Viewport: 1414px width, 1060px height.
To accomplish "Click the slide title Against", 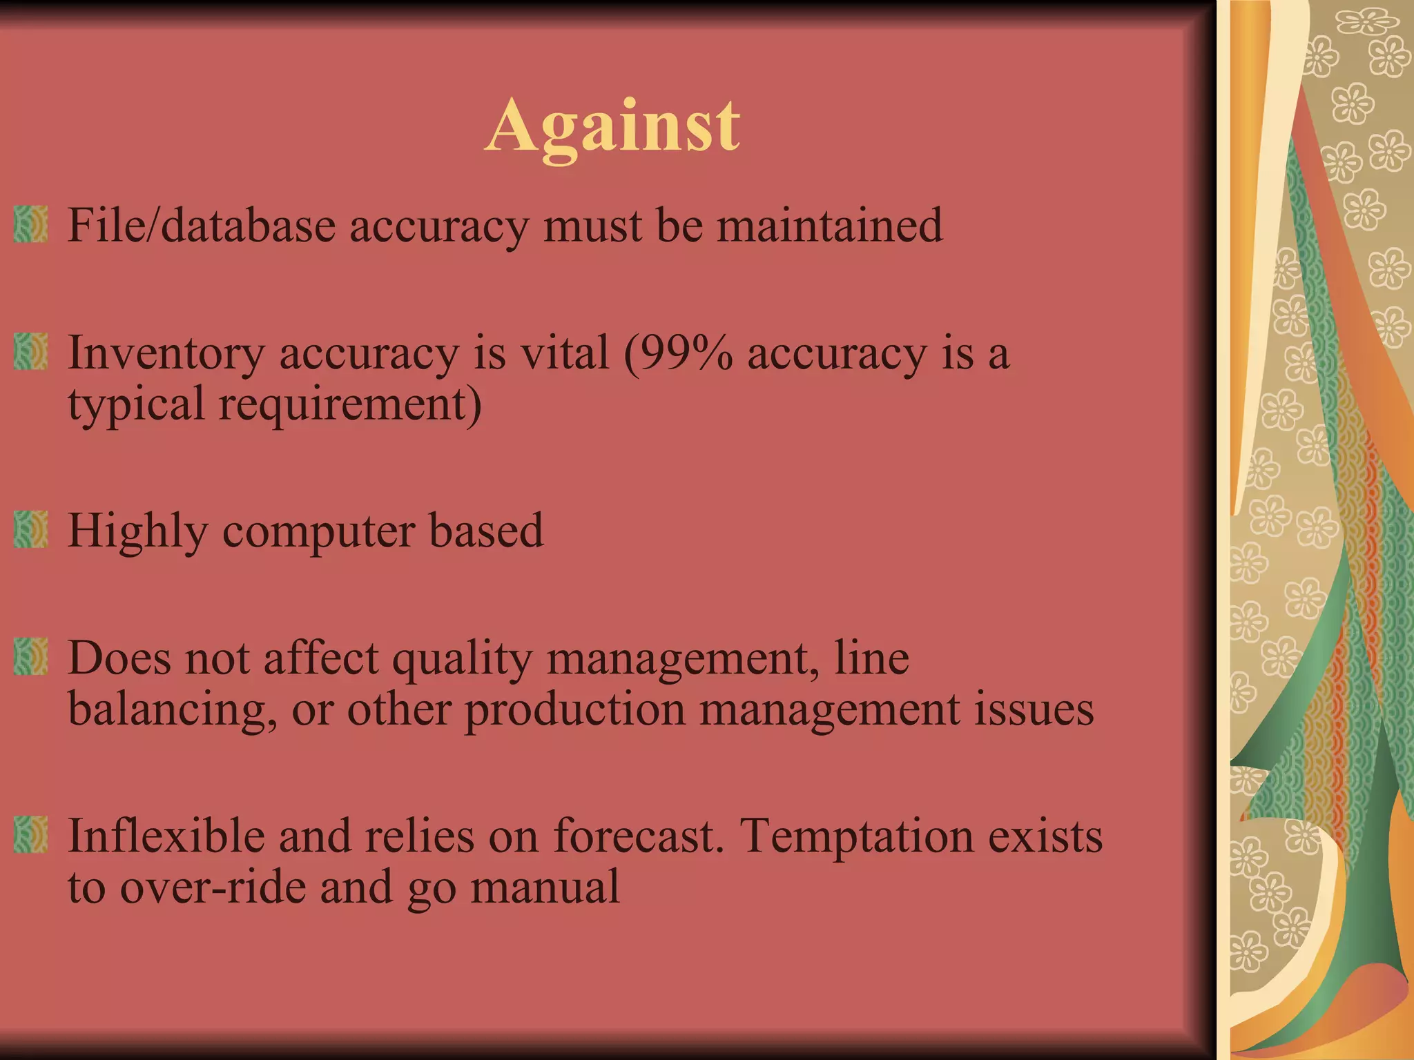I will pos(612,127).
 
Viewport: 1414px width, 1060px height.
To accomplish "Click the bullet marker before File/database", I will pos(30,224).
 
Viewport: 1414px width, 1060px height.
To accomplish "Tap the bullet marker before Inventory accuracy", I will pos(30,351).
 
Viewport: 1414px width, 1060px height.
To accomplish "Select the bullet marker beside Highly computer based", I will pos(30,529).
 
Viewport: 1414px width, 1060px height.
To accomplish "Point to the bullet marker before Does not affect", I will pos(30,656).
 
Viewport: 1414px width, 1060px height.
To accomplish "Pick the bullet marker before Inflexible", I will pos(30,834).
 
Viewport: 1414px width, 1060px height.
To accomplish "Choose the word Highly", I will pos(137,532).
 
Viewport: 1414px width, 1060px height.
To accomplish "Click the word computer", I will pos(318,532).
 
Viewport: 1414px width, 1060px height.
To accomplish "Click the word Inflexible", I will pos(166,836).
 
